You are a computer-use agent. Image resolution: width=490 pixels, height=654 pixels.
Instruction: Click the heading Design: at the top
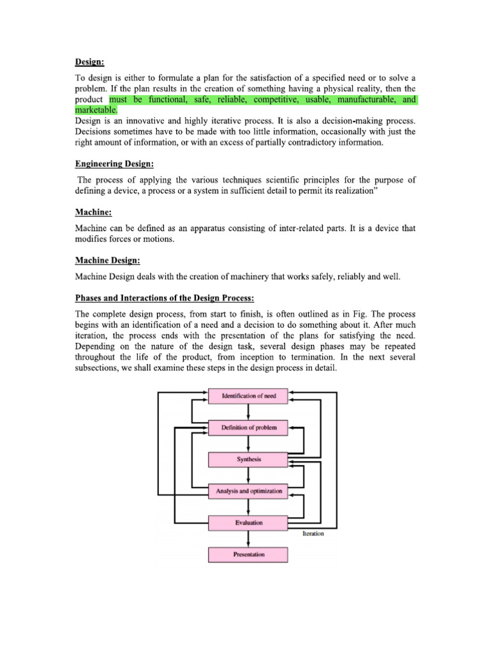pos(90,61)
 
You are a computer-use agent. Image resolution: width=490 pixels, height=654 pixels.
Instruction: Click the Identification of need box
pos(248,396)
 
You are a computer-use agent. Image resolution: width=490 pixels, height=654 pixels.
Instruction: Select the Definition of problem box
pos(248,427)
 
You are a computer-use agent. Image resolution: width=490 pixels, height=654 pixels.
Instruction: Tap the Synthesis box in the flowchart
pos(248,459)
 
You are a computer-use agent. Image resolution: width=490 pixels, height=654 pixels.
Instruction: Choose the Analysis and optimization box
pos(248,491)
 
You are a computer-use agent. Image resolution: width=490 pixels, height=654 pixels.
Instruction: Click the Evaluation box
pos(248,522)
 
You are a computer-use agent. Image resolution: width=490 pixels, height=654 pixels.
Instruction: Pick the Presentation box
pos(248,554)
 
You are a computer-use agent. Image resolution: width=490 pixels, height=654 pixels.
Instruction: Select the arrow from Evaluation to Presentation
pos(248,538)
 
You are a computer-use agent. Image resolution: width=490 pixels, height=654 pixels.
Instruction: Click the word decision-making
pos(331,121)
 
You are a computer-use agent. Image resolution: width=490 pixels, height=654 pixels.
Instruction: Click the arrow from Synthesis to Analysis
pos(248,475)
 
